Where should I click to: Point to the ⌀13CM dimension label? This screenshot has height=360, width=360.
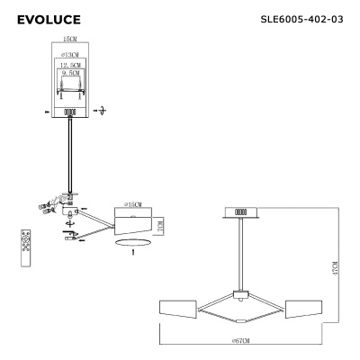tap(69, 56)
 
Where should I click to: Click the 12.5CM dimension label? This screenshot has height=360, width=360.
tap(69, 67)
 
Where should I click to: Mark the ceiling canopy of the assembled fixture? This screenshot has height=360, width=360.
tap(240, 212)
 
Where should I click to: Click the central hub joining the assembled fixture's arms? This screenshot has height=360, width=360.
tap(240, 295)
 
